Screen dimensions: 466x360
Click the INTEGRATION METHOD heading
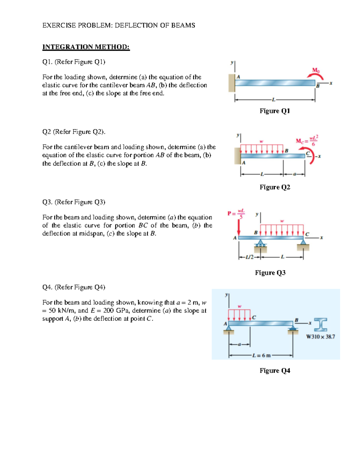[x=86, y=47]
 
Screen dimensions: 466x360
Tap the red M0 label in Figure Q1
[x=316, y=70]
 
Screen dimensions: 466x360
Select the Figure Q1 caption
[x=274, y=111]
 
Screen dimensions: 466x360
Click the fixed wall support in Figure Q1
[x=232, y=83]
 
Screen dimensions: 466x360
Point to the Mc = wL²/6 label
[x=307, y=140]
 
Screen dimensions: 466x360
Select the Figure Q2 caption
[x=275, y=187]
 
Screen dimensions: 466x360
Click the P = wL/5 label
[x=236, y=213]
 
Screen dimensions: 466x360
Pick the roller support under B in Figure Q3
[x=260, y=245]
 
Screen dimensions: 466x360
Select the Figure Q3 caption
[x=270, y=273]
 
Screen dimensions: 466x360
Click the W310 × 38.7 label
[x=320, y=337]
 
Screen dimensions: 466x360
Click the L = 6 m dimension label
[x=261, y=356]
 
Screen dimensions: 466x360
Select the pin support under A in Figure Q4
[x=229, y=329]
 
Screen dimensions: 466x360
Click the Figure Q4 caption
[x=275, y=371]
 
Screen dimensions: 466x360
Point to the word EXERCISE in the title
[x=59, y=25]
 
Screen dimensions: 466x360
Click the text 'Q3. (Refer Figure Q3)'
[x=74, y=202]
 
